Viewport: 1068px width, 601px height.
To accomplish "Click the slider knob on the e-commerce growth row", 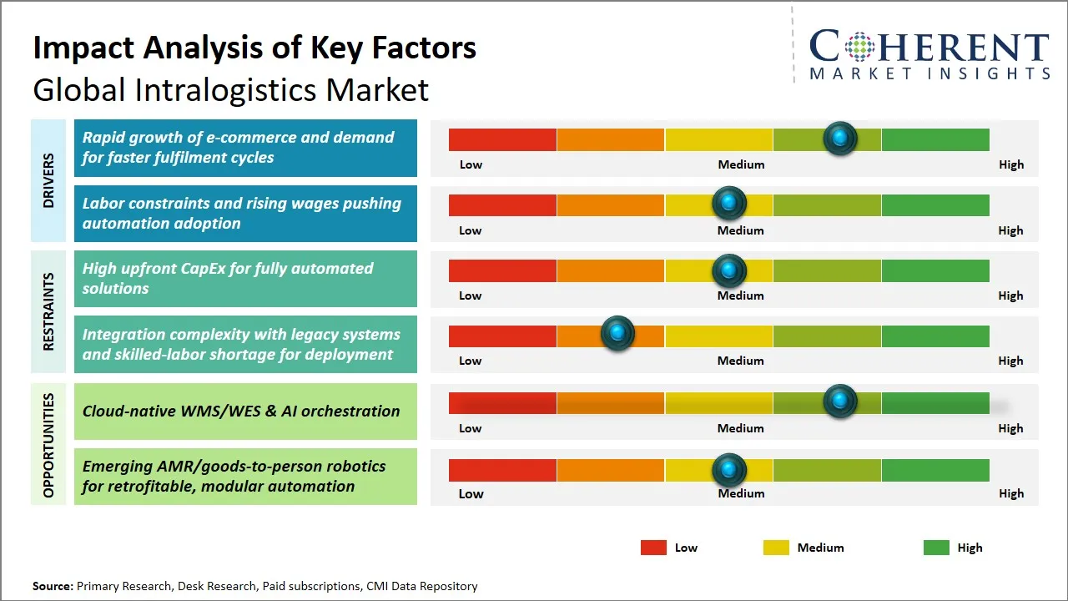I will coord(840,138).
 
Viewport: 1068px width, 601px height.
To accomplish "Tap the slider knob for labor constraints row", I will coord(729,203).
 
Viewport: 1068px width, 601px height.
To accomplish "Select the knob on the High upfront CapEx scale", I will coord(729,270).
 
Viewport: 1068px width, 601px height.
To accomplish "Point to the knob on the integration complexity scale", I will coord(617,334).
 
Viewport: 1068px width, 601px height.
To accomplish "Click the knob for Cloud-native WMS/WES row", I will coord(840,401).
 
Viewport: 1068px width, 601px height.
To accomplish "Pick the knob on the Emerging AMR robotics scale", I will coord(729,470).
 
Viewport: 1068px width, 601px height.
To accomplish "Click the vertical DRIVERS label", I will coord(48,180).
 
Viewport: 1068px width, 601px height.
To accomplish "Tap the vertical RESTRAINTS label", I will coord(48,311).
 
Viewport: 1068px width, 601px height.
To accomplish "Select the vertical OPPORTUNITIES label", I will coord(48,444).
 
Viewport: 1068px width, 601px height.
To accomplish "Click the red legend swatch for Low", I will coord(653,548).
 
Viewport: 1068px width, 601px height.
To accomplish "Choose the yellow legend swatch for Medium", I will coord(776,548).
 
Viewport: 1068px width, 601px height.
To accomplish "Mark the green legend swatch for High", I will coord(936,548).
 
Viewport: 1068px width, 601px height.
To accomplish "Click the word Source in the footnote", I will coord(52,586).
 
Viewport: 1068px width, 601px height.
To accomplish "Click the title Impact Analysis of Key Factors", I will coord(254,48).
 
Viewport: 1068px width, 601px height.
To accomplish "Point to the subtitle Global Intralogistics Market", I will coord(231,89).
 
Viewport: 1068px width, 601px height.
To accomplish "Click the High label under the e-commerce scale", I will coord(1011,164).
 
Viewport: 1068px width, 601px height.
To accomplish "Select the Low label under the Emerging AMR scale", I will coord(471,493).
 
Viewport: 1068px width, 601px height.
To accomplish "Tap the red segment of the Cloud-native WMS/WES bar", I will coord(502,403).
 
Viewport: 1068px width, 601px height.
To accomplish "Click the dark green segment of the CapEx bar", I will coord(934,270).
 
